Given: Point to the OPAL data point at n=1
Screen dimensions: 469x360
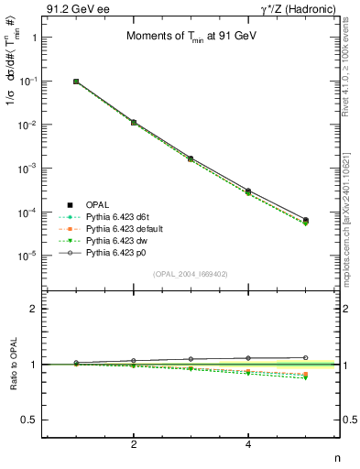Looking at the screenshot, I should [x=76, y=82].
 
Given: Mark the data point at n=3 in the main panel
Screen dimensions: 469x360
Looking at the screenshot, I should [x=191, y=158].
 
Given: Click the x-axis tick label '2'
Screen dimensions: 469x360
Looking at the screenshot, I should [x=134, y=444].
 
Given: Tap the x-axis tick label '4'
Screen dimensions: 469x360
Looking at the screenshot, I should [x=248, y=444].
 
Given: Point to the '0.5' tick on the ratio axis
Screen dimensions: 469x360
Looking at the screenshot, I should [x=30, y=420].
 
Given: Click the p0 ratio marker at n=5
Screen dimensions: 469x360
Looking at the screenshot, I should [x=306, y=357].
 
